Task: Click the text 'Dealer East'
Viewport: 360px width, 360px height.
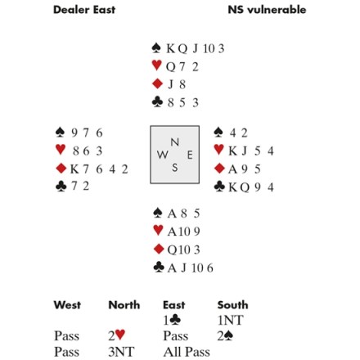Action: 84,10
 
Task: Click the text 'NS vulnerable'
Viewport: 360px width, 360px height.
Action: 267,10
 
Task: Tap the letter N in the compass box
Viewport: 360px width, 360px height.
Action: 175,142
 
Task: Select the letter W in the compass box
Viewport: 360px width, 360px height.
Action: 163,155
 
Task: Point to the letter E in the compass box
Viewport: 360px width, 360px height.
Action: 190,155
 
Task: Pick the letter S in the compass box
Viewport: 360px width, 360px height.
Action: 175,168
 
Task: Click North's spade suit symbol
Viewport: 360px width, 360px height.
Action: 156,48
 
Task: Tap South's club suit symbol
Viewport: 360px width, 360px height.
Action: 159,268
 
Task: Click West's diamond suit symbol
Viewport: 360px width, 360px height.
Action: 61,169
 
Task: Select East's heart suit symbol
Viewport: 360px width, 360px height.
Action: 219,150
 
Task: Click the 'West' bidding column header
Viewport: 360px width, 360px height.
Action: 67,305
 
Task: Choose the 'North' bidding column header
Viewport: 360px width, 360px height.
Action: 124,305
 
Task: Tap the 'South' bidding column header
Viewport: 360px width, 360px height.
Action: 232,305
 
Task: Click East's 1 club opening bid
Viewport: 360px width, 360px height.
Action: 172,320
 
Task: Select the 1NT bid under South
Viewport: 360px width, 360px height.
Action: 230,320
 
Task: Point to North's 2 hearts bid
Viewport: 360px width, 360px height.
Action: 117,335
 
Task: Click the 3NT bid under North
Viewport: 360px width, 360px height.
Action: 121,352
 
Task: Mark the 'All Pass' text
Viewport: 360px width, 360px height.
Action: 187,352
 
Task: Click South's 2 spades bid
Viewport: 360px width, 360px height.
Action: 226,336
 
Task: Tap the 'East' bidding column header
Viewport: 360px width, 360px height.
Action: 174,305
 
